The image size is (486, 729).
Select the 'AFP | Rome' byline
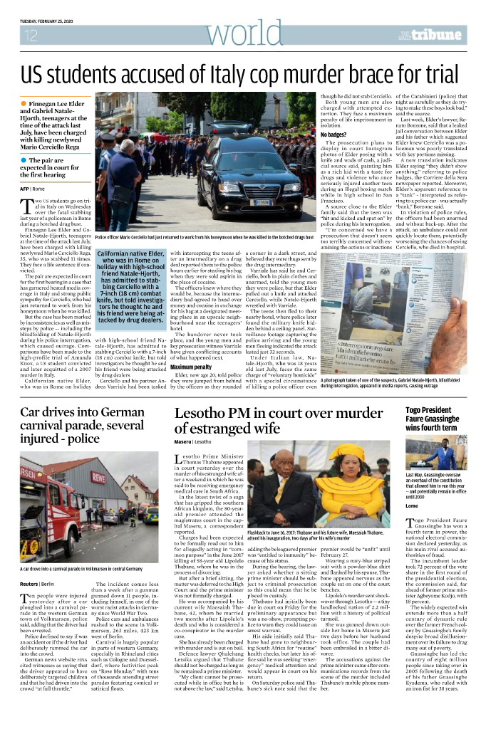coord(32,189)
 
